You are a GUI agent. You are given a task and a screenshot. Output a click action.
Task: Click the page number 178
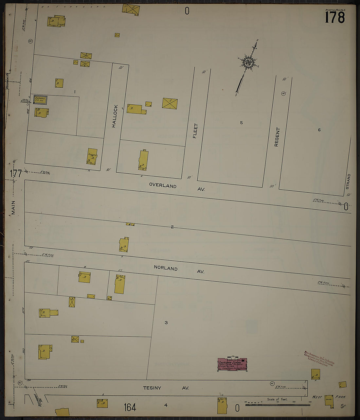[335, 17]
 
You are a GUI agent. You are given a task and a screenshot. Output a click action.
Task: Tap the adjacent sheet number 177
[15, 173]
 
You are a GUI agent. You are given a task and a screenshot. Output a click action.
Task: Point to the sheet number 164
[130, 407]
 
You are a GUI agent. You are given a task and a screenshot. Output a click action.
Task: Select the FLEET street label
[195, 131]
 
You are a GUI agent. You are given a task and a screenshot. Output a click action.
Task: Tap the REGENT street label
[277, 137]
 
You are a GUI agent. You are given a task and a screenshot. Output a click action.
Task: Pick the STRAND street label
[348, 181]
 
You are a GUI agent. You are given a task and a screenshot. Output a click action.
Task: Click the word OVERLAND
[163, 185]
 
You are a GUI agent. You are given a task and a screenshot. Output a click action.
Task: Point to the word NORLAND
[166, 268]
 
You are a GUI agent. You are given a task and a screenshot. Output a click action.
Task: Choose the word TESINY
[152, 388]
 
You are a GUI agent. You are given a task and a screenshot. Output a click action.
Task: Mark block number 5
[241, 123]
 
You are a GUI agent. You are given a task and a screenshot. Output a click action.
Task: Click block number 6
[319, 130]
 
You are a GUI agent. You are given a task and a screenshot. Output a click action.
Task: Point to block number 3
[166, 323]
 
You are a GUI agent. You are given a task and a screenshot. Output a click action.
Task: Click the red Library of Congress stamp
[319, 358]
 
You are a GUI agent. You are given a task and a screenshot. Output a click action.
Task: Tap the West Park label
[329, 397]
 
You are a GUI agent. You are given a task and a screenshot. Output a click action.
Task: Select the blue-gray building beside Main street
[40, 100]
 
